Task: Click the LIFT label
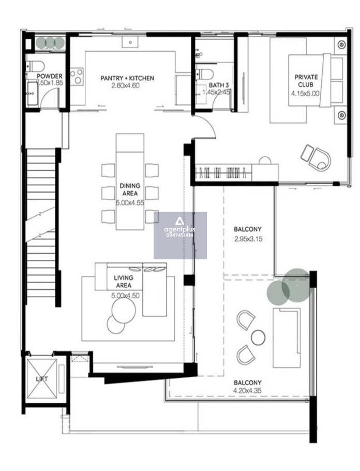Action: (42, 379)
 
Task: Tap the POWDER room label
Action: (50, 76)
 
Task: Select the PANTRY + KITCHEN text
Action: (127, 78)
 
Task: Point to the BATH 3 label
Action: (219, 85)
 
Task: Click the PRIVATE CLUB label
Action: (306, 81)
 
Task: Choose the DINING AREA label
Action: (130, 189)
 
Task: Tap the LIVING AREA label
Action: (124, 282)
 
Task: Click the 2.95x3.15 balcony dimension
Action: (248, 239)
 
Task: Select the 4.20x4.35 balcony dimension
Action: (247, 390)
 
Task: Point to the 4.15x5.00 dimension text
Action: (305, 93)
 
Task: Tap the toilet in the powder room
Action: (35, 66)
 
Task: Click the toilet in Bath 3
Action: (204, 73)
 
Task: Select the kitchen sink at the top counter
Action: (130, 42)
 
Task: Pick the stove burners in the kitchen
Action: (77, 76)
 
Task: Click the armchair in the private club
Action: (316, 157)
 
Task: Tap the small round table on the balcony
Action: (258, 337)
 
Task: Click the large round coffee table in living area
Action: (124, 310)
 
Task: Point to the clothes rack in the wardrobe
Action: (223, 173)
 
